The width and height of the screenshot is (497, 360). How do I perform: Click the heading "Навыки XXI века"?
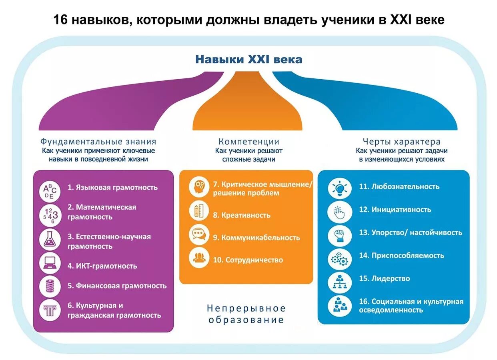click(248, 60)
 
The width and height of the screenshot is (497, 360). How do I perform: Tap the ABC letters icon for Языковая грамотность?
click(50, 191)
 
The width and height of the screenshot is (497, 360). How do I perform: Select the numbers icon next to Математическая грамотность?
click(50, 214)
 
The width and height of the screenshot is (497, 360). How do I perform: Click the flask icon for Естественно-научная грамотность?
click(50, 239)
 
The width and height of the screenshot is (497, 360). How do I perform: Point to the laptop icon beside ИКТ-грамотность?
click(50, 263)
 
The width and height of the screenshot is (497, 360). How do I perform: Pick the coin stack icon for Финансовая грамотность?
click(50, 286)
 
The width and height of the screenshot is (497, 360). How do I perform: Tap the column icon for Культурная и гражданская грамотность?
click(50, 310)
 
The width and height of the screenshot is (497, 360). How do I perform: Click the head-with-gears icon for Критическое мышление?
click(199, 187)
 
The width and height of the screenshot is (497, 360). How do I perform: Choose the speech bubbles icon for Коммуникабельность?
click(199, 234)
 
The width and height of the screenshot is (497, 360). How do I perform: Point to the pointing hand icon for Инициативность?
click(340, 212)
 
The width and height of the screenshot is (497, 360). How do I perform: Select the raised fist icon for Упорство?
click(340, 236)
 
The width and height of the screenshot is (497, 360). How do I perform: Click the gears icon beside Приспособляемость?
click(340, 259)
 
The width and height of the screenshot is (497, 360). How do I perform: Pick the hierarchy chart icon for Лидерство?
click(340, 282)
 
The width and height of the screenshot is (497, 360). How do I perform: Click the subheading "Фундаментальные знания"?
click(98, 142)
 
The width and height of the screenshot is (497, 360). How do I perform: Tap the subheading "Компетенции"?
click(248, 142)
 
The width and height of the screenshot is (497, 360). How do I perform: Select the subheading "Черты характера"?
click(401, 142)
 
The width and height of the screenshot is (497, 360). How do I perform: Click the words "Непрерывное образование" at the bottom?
click(246, 314)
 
